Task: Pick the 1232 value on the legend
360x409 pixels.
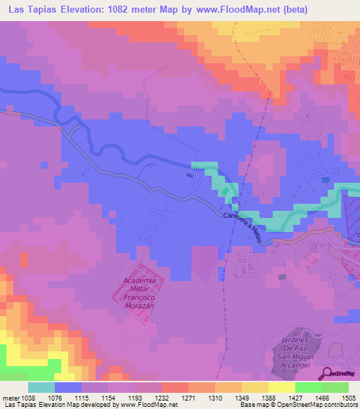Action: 162,398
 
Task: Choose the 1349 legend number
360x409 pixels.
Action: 243,398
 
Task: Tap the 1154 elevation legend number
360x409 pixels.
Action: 108,398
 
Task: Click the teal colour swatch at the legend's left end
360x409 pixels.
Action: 41,387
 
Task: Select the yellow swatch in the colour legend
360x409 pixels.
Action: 281,387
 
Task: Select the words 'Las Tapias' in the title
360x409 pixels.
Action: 33,9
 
